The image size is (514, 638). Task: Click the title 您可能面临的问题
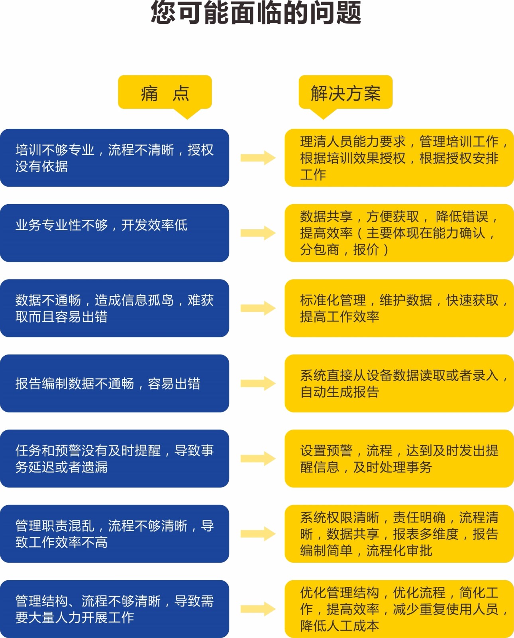(x=256, y=13)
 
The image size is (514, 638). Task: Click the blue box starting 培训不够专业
(x=114, y=158)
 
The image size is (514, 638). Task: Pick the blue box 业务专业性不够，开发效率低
(x=114, y=233)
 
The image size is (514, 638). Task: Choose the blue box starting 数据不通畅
(x=114, y=308)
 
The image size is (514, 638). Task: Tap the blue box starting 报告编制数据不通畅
(x=114, y=384)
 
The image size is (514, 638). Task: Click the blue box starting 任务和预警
(x=114, y=459)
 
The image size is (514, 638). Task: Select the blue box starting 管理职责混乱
(x=114, y=534)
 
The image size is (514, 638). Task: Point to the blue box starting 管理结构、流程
(x=114, y=609)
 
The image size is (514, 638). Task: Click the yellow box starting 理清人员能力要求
(x=399, y=158)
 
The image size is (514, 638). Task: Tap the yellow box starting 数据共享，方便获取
(x=399, y=233)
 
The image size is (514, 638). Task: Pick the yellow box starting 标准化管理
(x=399, y=308)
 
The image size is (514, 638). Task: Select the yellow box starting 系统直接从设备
(x=399, y=384)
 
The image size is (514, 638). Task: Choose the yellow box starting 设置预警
(x=399, y=459)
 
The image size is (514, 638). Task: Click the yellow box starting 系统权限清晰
(x=399, y=534)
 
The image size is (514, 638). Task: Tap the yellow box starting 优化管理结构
(x=399, y=609)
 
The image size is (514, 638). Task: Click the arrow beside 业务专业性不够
(x=258, y=233)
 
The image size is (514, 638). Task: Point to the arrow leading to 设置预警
(x=258, y=459)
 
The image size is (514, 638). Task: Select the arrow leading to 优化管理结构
(x=258, y=609)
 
